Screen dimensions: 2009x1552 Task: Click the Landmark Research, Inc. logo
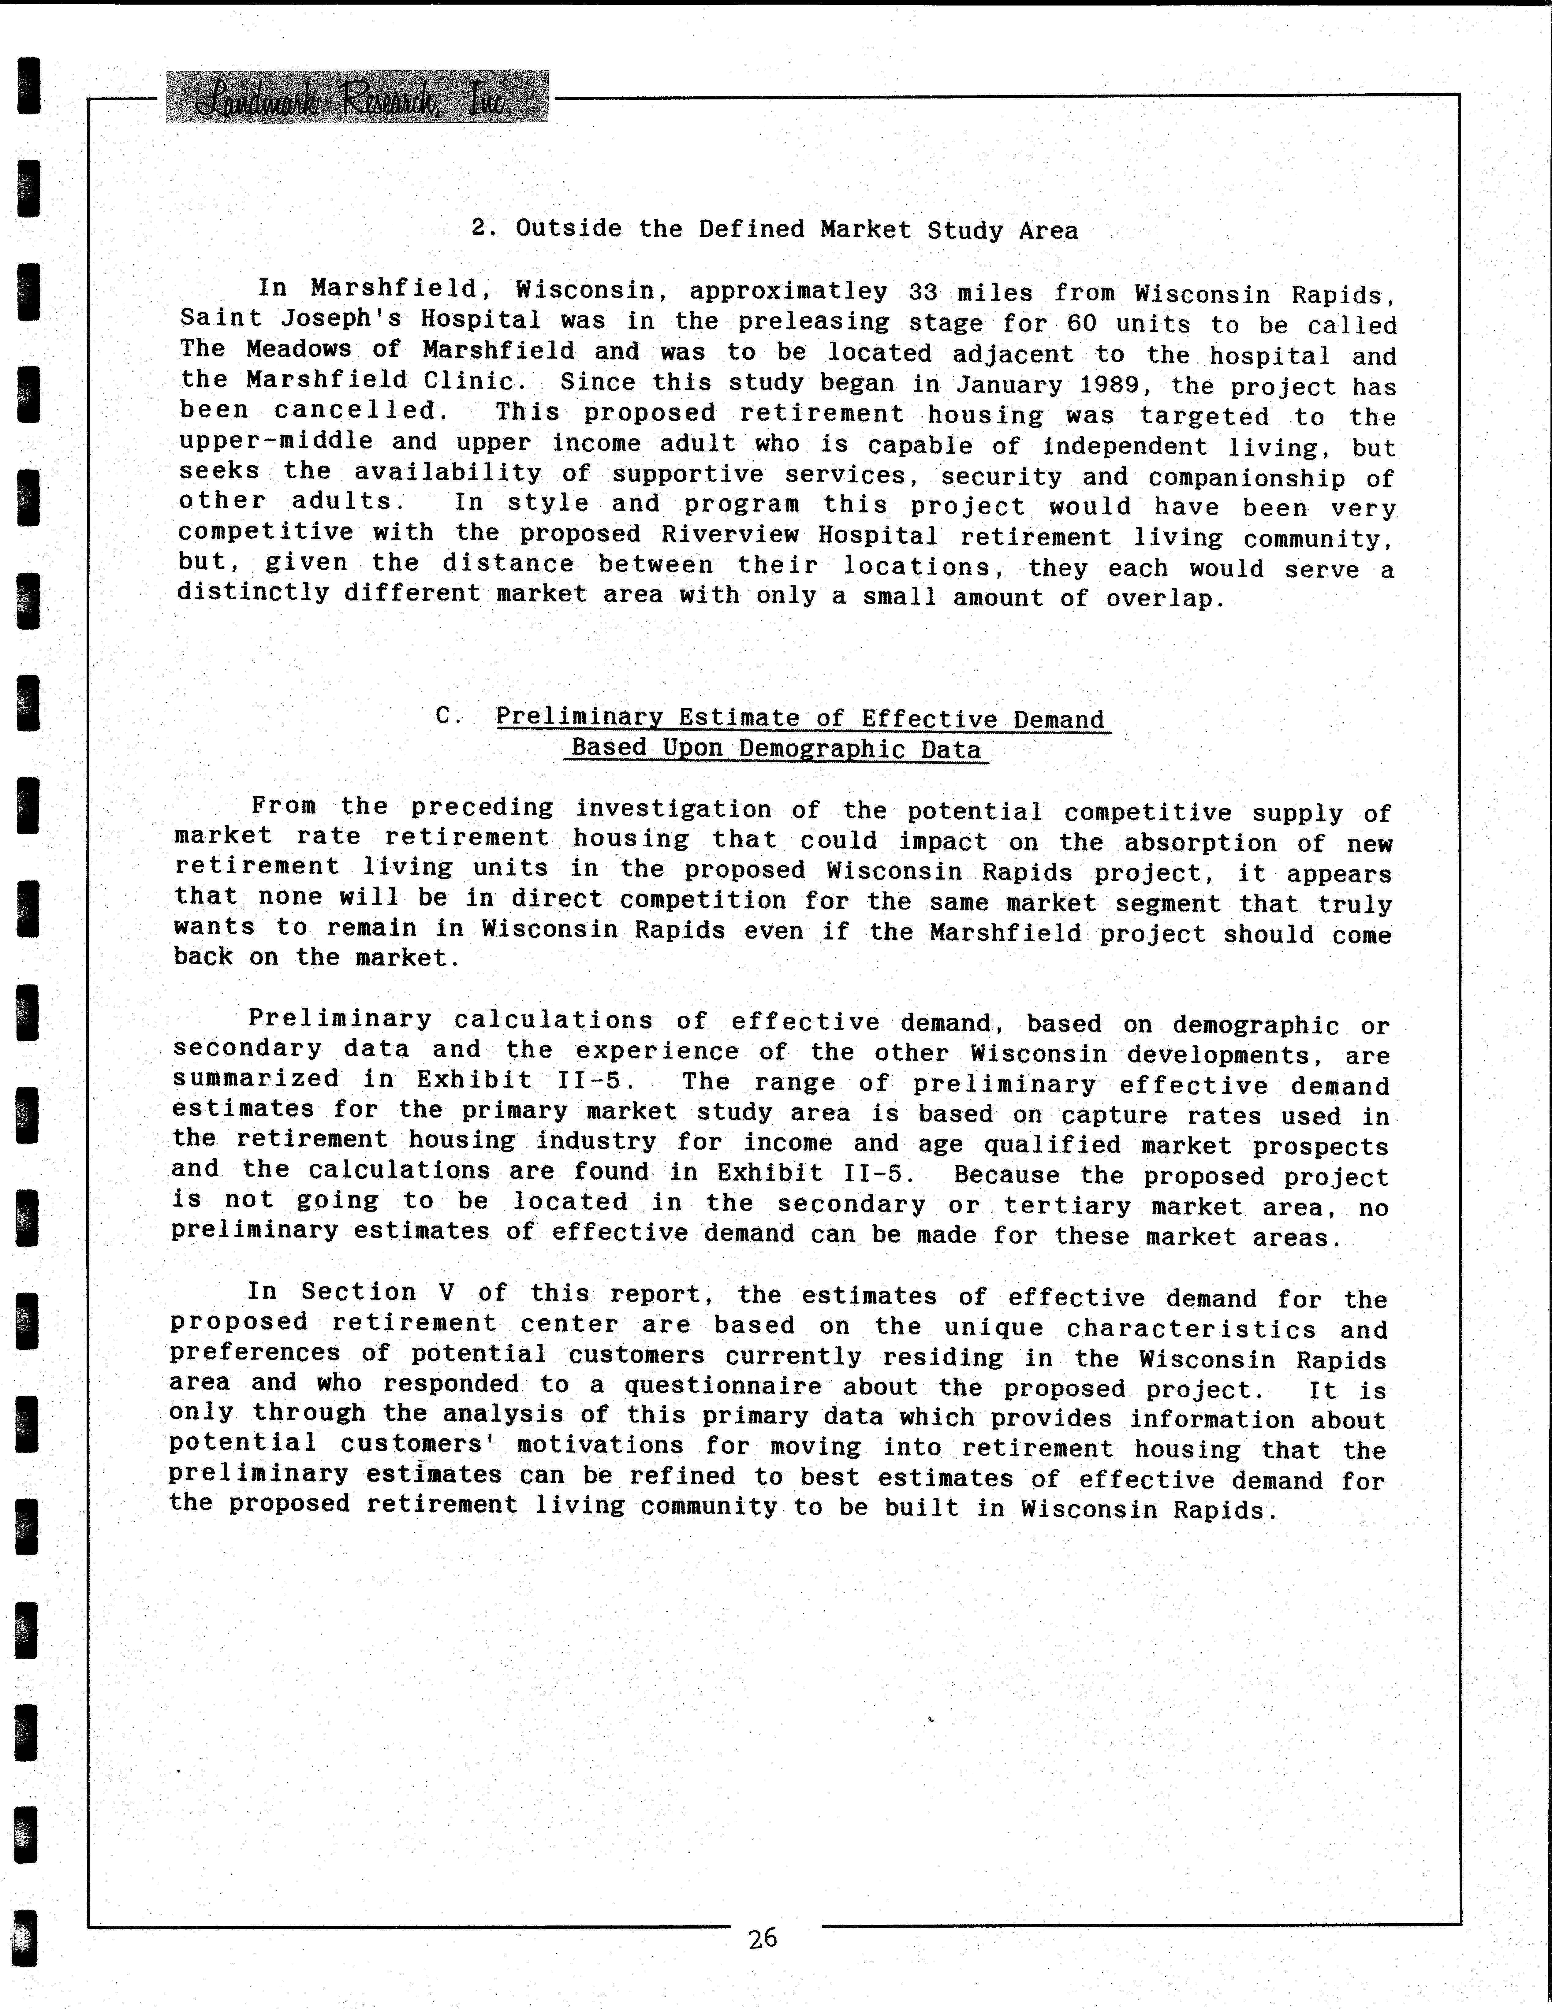[357, 97]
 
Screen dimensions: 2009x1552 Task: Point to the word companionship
[1247, 478]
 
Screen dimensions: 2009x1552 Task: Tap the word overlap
[1164, 599]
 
